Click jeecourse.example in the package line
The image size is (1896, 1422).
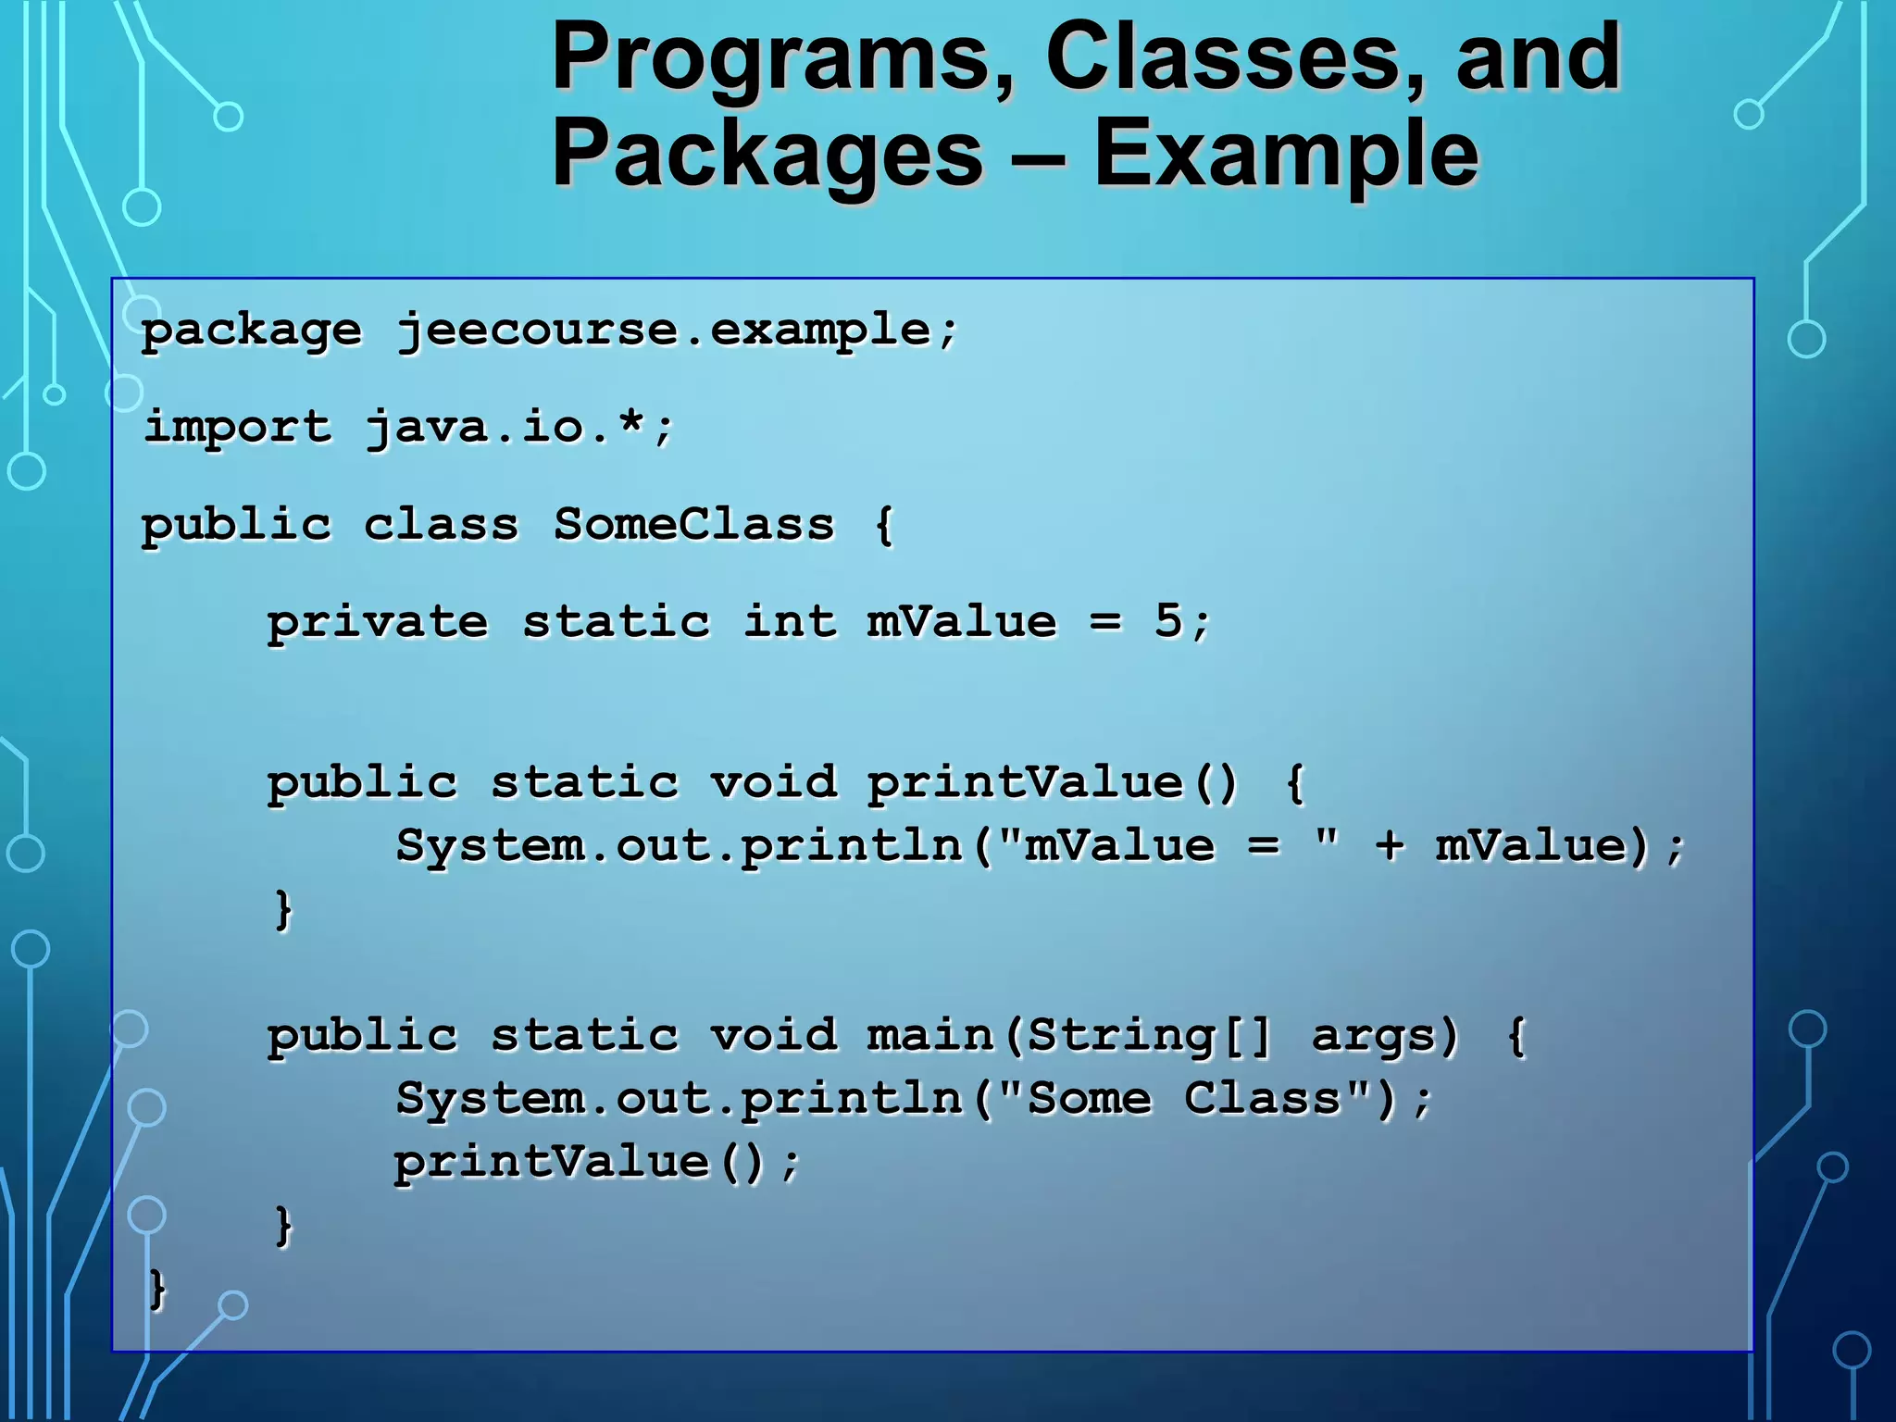point(678,331)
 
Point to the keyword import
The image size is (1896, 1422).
point(238,428)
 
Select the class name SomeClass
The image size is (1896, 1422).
point(694,525)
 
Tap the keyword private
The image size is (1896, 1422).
point(378,622)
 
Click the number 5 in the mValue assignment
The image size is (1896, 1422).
point(1168,620)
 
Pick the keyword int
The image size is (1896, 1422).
point(790,621)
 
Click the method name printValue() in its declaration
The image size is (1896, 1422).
point(1052,783)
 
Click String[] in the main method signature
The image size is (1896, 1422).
point(1148,1035)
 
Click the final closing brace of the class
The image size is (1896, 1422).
point(157,1289)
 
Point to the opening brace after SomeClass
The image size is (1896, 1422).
point(884,525)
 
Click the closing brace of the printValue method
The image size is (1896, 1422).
point(283,909)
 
